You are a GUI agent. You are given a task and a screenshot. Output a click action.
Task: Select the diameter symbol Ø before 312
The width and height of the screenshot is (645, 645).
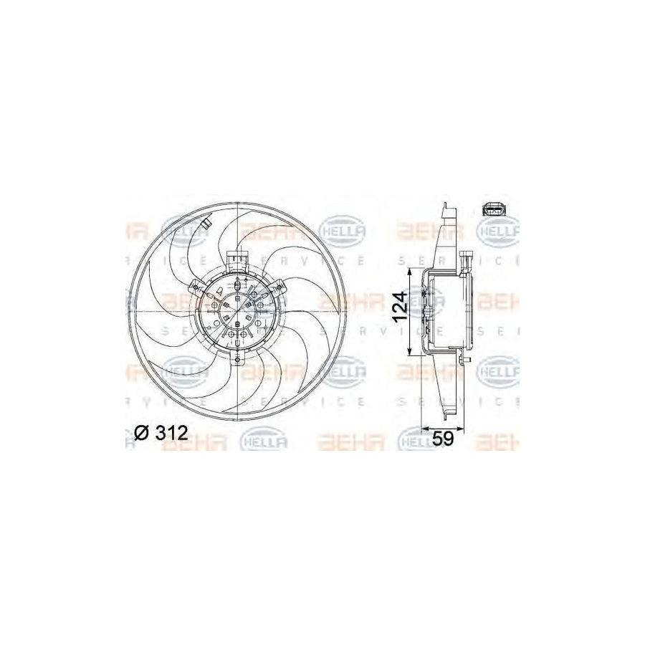coord(141,432)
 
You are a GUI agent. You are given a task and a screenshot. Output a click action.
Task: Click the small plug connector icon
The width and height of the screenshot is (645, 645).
coord(494,210)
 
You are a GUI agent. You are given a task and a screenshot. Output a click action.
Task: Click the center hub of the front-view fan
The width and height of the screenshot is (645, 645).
coord(236,313)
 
